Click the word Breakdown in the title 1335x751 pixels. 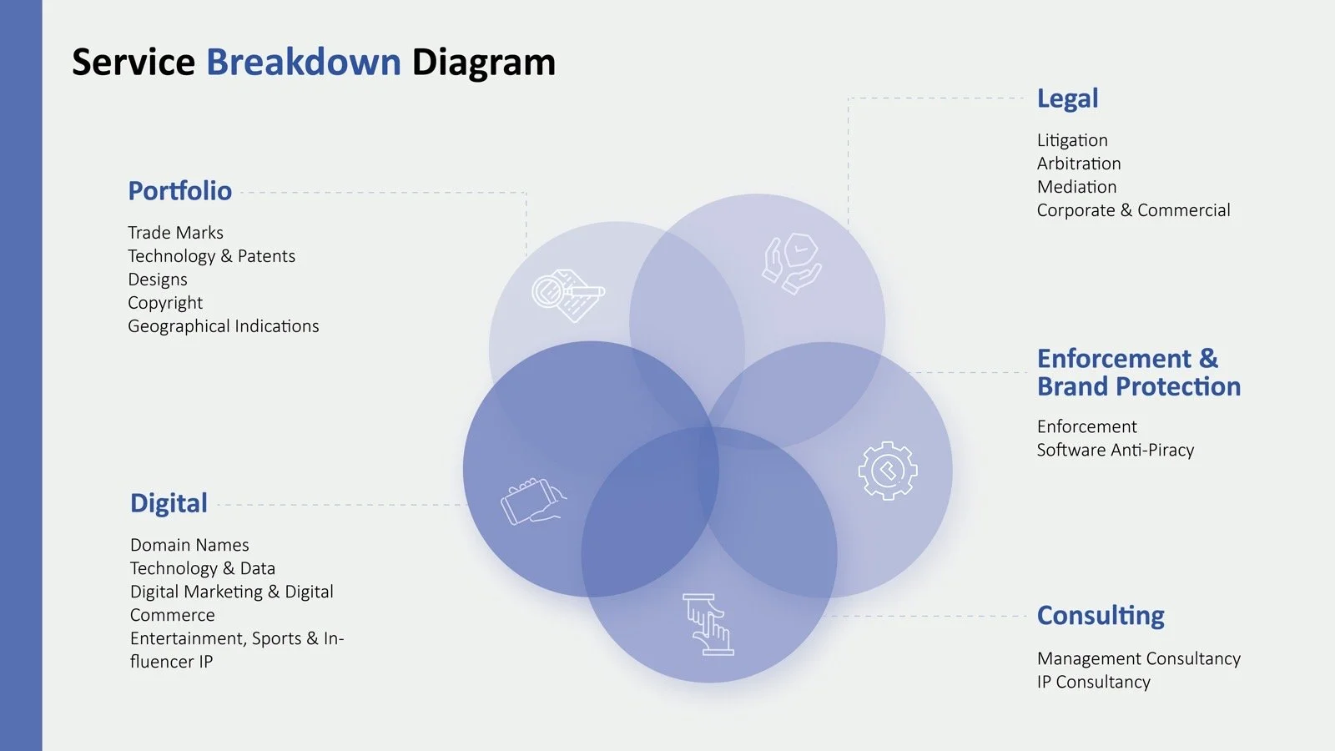coord(303,63)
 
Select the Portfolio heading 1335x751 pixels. coord(179,191)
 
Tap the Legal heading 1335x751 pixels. coord(1067,98)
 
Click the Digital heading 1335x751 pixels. coord(169,503)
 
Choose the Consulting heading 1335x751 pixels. coord(1100,616)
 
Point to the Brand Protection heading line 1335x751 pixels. coord(1138,386)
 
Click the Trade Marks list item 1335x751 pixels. coord(175,233)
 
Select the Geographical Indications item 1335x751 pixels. coord(223,326)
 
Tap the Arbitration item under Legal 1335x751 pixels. coord(1078,164)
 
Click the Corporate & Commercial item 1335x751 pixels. coord(1133,210)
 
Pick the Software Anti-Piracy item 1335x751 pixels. coord(1115,450)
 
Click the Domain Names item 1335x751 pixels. coord(189,545)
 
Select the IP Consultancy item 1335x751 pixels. coord(1093,682)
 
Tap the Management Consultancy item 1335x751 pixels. coord(1138,658)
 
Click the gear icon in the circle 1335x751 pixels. coord(887,471)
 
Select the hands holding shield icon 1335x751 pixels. coord(791,263)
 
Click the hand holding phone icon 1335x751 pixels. coord(532,501)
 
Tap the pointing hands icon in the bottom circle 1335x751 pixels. coord(708,624)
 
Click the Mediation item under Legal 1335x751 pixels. coord(1076,187)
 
